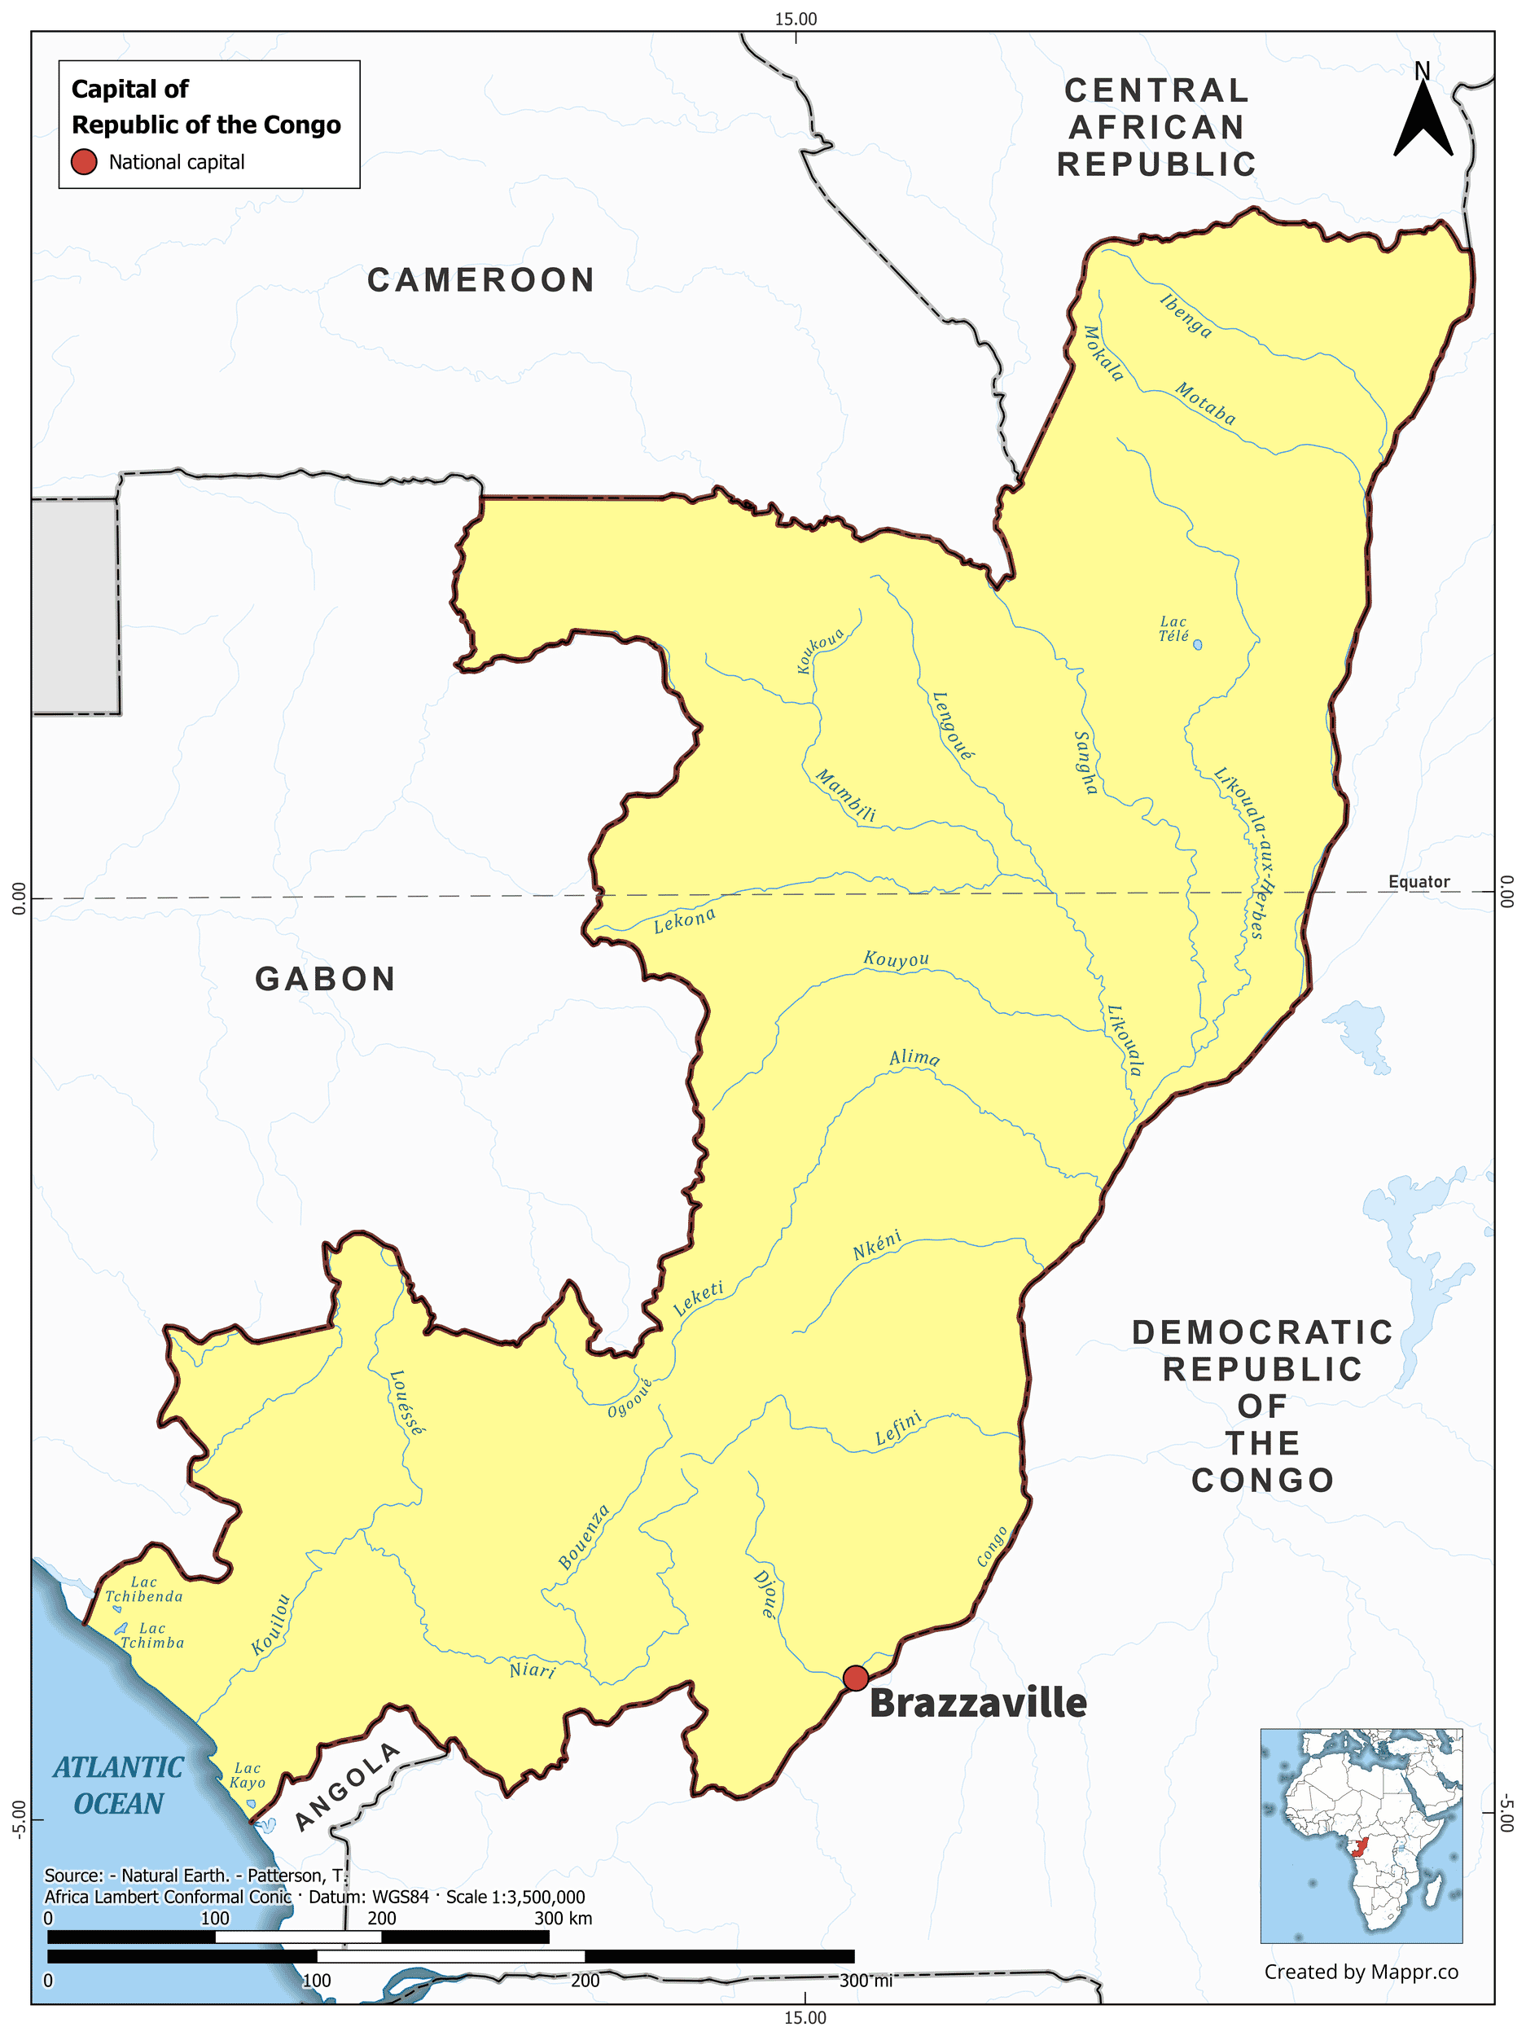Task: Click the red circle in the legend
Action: coord(84,162)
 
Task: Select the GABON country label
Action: coord(325,978)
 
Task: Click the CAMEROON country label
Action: coord(480,280)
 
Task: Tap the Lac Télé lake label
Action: coord(1173,629)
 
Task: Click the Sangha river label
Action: coord(1086,761)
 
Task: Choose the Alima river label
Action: coord(914,1058)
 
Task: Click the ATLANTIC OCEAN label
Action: coord(118,1786)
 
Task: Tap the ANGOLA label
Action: coord(347,1787)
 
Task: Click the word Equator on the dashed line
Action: coord(1419,882)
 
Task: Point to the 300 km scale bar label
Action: coord(563,1918)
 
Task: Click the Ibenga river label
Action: coord(1186,315)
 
